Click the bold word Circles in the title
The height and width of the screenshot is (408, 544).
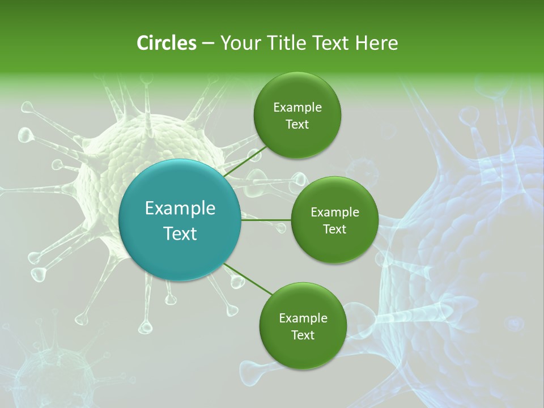coord(166,43)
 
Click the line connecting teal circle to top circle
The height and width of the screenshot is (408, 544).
coord(245,161)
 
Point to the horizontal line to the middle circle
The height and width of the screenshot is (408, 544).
coord(266,220)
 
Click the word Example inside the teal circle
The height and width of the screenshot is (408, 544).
coord(180,209)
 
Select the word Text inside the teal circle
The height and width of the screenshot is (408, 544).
coord(180,233)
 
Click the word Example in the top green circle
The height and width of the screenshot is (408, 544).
coord(297,108)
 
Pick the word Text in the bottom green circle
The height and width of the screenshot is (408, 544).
coord(303,335)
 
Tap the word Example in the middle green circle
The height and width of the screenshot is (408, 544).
coord(334,212)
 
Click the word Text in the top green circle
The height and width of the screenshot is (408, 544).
coord(297,124)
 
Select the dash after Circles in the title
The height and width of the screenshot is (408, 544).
coord(207,44)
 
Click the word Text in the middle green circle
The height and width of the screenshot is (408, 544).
coord(334,229)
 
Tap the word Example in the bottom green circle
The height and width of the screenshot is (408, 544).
coord(303,318)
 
